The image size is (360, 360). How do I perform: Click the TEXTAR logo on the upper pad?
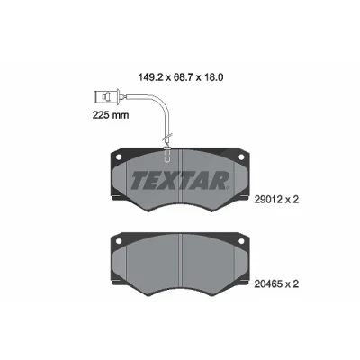(x=180, y=181)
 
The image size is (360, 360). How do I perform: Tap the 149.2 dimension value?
(x=151, y=77)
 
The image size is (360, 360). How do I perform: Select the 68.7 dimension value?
(x=183, y=77)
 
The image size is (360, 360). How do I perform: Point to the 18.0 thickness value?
(x=212, y=77)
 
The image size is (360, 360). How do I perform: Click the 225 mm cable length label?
(x=111, y=115)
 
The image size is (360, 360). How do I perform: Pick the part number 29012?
(x=268, y=200)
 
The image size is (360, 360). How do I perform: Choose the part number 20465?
(x=268, y=284)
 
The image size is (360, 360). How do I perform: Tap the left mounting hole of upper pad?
(x=119, y=157)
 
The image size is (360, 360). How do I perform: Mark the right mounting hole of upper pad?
(x=241, y=157)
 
